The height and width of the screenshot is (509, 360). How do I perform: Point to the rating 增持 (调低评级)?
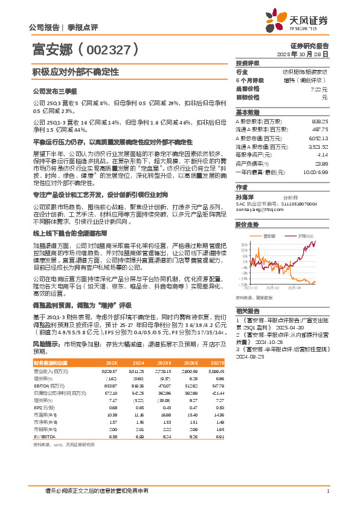(305, 80)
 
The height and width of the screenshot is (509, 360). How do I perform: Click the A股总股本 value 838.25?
(320, 121)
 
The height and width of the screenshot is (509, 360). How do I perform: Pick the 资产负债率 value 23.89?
(321, 163)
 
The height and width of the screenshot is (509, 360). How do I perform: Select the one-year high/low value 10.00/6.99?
(316, 172)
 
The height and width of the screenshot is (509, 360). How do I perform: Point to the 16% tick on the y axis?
(243, 245)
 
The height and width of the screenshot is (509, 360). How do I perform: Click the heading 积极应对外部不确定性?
(67, 71)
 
